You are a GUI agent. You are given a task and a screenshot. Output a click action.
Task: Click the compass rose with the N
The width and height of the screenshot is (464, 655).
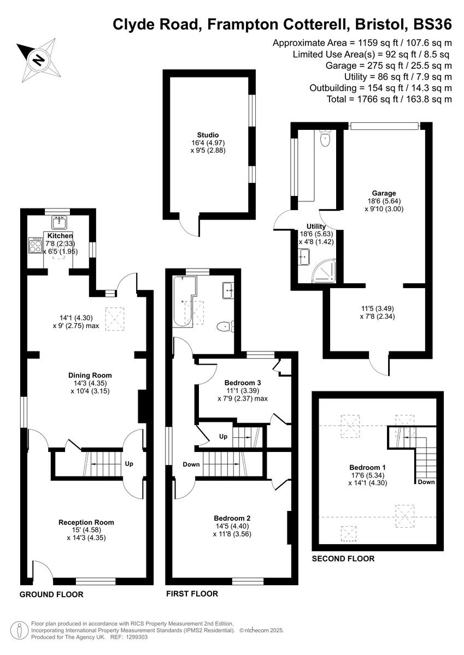pyautogui.click(x=37, y=58)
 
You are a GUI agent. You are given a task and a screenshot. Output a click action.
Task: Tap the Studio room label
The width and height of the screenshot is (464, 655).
pyautogui.click(x=208, y=135)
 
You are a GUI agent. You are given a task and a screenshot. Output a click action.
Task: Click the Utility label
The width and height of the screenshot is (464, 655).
pyautogui.click(x=316, y=226)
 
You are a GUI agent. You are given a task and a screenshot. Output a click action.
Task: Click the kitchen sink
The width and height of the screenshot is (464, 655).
pyautogui.click(x=59, y=222)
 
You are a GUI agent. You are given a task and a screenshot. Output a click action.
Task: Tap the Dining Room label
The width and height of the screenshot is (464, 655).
pyautogui.click(x=90, y=375)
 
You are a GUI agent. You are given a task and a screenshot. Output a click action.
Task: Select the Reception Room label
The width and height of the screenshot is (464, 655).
pyautogui.click(x=82, y=522)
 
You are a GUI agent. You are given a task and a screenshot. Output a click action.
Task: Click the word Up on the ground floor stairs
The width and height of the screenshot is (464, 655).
pyautogui.click(x=129, y=464)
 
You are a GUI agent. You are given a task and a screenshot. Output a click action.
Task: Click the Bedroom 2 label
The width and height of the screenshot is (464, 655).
pyautogui.click(x=232, y=518)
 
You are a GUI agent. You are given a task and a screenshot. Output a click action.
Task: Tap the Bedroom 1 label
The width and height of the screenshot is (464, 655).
pyautogui.click(x=368, y=467)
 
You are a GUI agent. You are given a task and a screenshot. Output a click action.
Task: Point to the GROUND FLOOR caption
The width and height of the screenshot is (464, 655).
pyautogui.click(x=51, y=594)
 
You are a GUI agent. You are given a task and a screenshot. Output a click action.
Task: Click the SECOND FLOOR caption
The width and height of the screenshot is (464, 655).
pyautogui.click(x=343, y=558)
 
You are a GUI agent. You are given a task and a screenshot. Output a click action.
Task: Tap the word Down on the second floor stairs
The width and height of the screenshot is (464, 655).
pyautogui.click(x=426, y=482)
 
